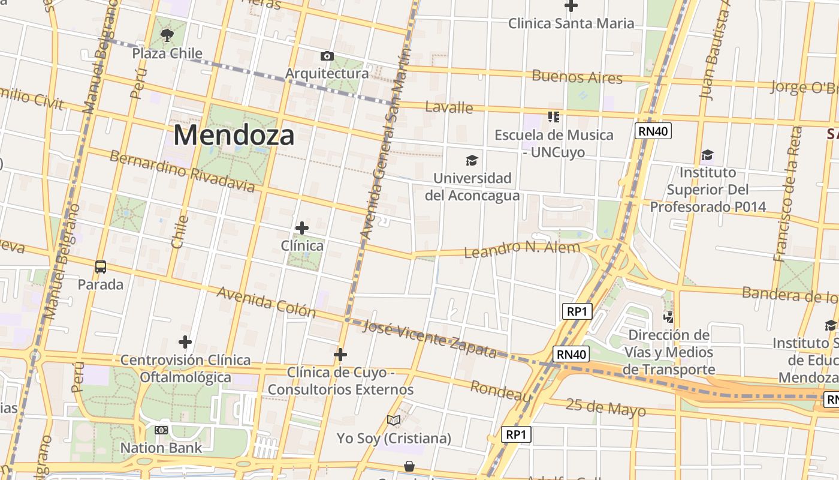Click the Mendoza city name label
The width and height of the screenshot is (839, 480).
234,135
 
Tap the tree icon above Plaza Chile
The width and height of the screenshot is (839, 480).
167,35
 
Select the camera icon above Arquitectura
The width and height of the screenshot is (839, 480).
327,56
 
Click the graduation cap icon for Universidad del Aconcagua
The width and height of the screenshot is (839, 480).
472,160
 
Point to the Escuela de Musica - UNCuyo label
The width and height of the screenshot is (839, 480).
554,143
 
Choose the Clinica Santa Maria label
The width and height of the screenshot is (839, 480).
571,23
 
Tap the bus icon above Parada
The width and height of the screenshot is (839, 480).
101,266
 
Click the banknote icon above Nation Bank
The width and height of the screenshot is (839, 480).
161,430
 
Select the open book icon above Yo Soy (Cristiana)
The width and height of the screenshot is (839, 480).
393,421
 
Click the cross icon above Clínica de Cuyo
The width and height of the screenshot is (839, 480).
340,355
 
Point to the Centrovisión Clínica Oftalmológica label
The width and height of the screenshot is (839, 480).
185,368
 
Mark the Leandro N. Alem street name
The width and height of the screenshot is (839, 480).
522,248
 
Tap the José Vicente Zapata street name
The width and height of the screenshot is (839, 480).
430,339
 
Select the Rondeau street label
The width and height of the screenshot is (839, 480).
500,391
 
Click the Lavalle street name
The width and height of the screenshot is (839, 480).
449,107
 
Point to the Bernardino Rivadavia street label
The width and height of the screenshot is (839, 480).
182,171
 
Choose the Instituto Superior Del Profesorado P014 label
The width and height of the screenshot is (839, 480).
708,190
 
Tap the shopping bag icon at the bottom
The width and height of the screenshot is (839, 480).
409,466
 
